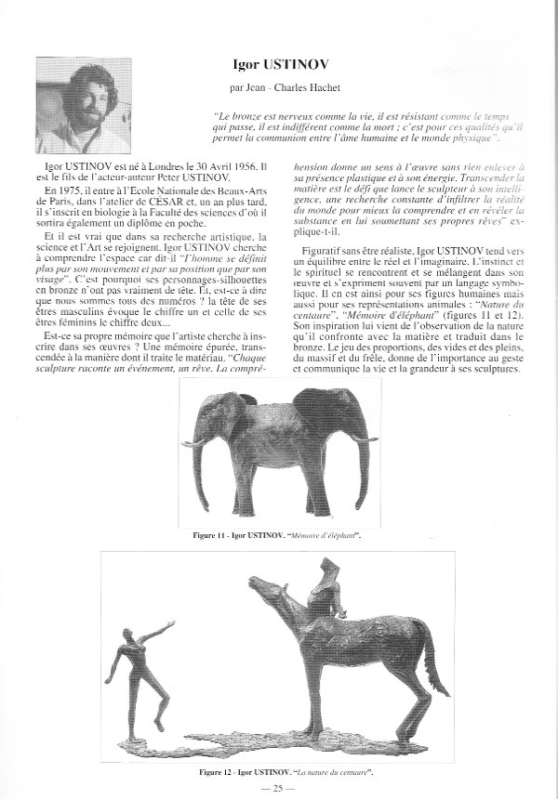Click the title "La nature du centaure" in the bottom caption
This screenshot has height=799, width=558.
point(322,772)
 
